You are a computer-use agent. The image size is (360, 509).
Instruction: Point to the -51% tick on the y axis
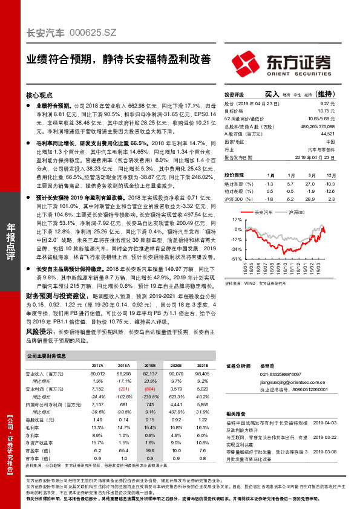[235, 258]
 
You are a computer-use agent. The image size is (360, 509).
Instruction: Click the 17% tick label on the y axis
[237, 221]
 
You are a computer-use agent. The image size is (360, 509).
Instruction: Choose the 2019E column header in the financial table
[149, 366]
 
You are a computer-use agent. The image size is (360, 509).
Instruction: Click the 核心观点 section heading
[40, 95]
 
